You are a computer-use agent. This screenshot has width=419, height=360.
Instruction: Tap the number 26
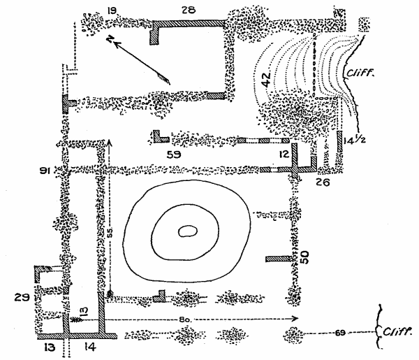[x=322, y=183]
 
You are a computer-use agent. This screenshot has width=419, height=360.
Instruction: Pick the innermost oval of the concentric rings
[x=187, y=231]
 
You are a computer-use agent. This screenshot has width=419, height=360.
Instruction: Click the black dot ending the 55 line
[x=110, y=293]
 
